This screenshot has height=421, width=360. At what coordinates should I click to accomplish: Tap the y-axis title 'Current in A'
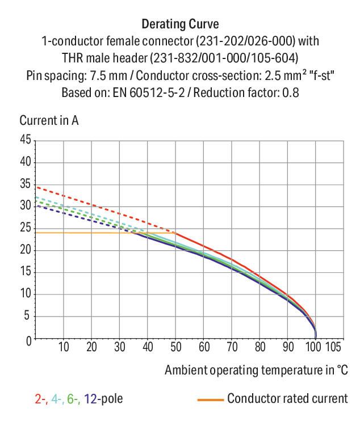click(x=49, y=120)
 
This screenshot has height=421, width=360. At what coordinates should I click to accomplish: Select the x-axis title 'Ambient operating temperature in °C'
click(x=256, y=370)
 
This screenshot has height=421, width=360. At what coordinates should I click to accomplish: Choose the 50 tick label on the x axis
click(x=176, y=346)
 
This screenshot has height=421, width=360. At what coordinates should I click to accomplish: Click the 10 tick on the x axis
click(x=64, y=346)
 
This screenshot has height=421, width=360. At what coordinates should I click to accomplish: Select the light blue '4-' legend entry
click(x=57, y=399)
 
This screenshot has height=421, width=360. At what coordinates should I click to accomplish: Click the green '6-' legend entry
click(x=73, y=399)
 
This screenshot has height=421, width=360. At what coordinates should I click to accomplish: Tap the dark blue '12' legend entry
click(x=90, y=399)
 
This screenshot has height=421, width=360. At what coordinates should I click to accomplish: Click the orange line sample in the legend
click(x=210, y=399)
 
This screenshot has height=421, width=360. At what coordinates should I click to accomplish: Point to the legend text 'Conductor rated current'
click(x=287, y=398)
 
